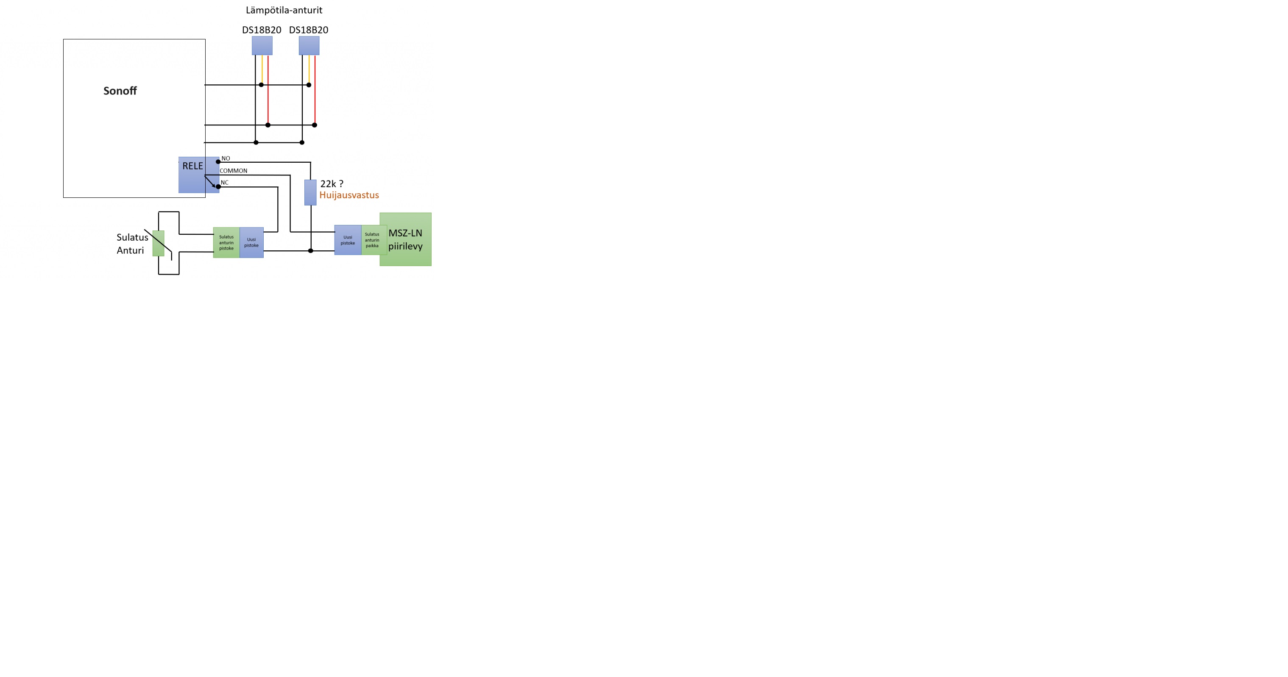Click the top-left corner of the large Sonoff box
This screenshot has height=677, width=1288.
tap(64, 39)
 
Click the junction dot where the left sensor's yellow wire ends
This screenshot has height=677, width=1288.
tap(261, 85)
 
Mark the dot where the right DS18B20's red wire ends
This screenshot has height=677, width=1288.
tap(315, 125)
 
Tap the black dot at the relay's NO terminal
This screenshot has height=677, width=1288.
tap(218, 162)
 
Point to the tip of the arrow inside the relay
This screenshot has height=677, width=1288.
tap(215, 187)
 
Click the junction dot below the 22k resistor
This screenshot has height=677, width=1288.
tap(310, 251)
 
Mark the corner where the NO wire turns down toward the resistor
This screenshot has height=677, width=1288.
tap(310, 162)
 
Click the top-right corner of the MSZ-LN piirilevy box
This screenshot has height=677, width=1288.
tap(431, 213)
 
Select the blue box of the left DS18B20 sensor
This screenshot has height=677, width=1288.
tap(262, 45)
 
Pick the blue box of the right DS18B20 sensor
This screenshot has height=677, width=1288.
tap(309, 45)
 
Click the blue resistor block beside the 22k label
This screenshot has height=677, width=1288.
tap(310, 192)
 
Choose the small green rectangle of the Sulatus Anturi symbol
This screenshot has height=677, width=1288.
tap(159, 243)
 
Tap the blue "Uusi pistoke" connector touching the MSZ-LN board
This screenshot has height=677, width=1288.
tap(348, 240)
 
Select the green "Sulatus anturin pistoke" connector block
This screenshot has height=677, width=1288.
tap(226, 243)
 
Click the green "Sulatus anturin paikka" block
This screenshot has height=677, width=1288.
tap(374, 240)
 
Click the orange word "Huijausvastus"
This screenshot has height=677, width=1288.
tap(349, 195)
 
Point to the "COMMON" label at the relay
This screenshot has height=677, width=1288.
tap(234, 171)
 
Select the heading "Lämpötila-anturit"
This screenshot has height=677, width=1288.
tap(284, 10)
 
